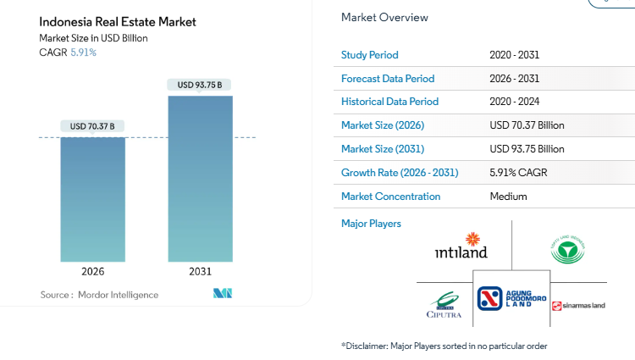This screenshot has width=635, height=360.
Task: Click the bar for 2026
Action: coord(93,199)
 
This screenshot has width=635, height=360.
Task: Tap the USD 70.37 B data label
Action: coord(93,126)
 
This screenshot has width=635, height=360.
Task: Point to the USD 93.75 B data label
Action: coord(200,85)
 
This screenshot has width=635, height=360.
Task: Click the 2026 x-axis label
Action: coord(93,272)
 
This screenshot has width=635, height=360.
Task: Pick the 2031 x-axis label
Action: coord(200,272)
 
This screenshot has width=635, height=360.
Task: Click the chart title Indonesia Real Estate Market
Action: coord(118,22)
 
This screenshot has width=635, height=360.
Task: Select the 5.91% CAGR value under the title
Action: coord(83,53)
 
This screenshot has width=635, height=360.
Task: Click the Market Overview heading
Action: coord(384,18)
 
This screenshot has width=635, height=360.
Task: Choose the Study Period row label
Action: coord(369,55)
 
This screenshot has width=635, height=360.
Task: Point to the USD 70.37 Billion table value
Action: coord(527,125)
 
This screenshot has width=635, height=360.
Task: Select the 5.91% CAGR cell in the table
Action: coord(518,173)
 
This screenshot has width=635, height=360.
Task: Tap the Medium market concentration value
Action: coord(508,197)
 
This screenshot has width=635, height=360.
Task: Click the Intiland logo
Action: coord(461,246)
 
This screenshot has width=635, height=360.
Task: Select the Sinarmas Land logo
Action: coord(579,306)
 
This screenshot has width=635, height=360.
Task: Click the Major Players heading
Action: coord(371,224)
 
